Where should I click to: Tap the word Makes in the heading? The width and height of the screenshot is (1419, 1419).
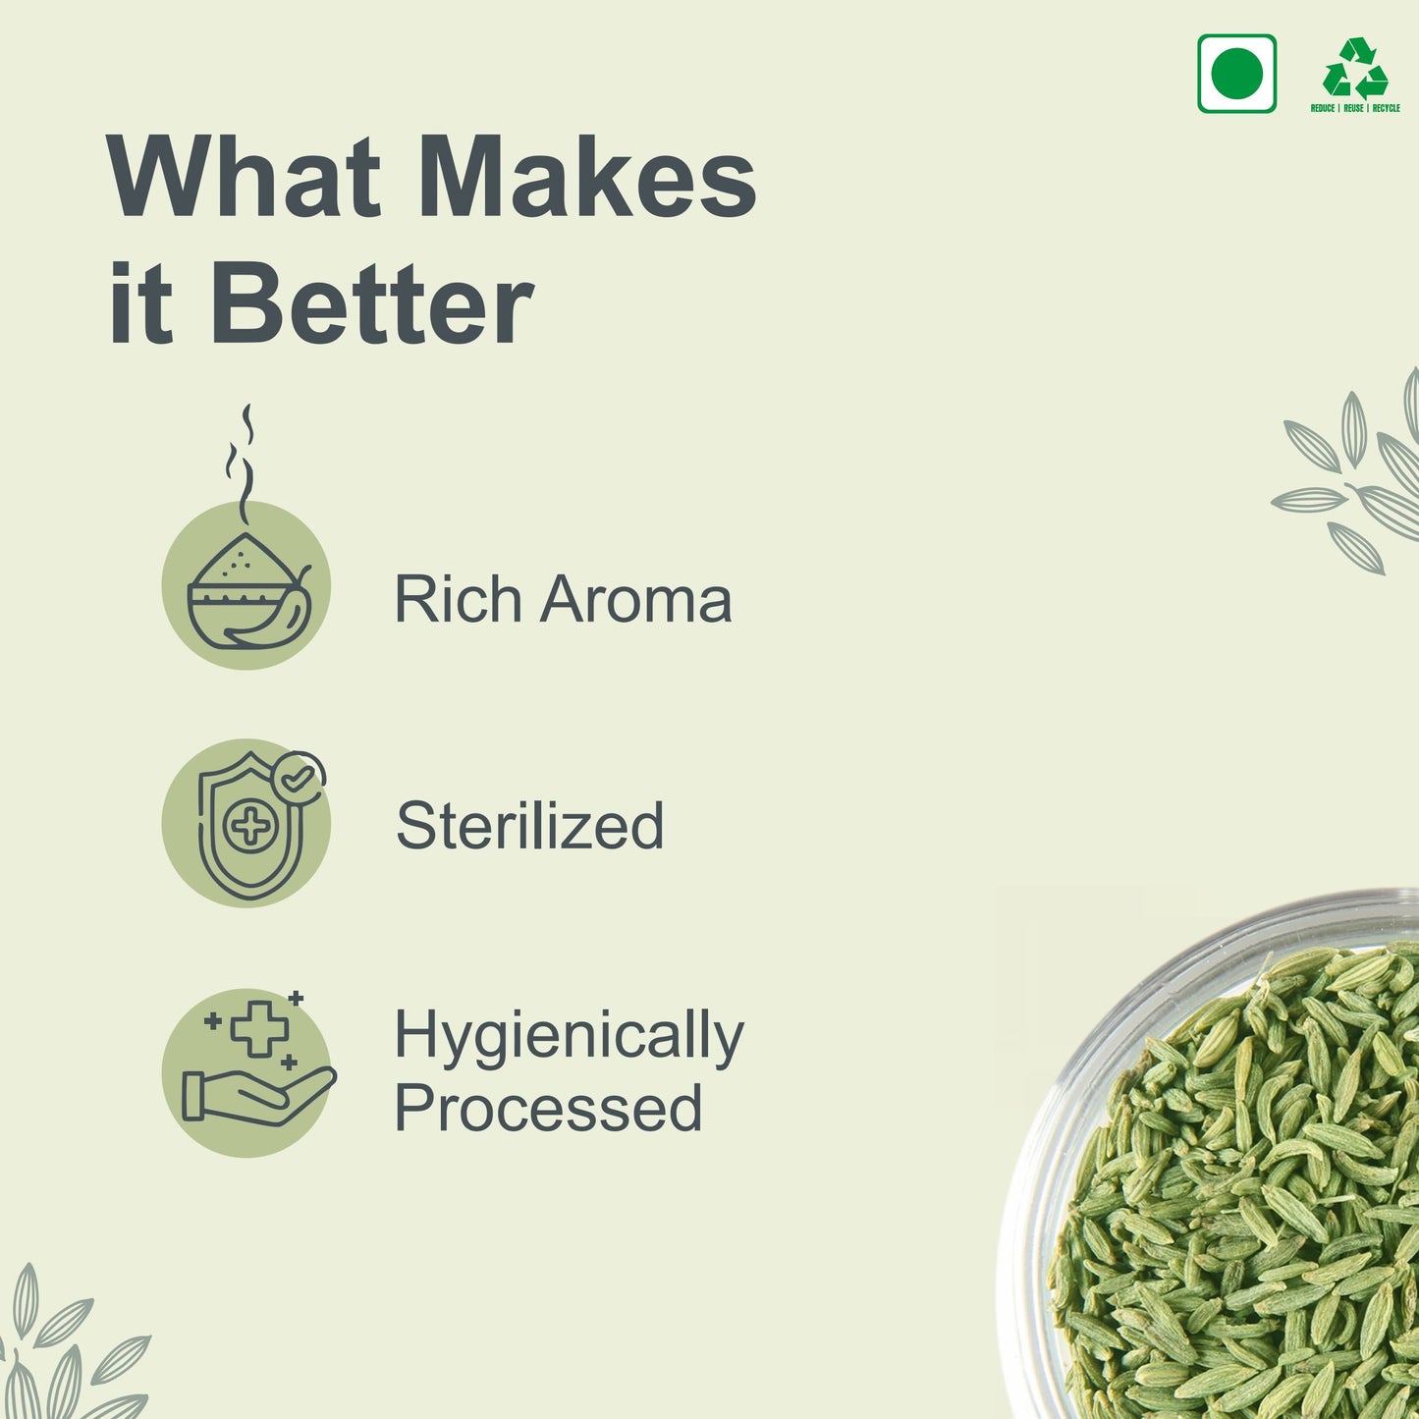point(588,177)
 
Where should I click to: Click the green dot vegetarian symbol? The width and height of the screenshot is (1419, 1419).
point(1236,74)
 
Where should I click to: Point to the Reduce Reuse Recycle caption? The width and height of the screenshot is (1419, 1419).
point(1355,108)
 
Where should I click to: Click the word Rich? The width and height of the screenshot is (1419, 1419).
point(459,599)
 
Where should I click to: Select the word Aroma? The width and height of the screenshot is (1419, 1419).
point(635,600)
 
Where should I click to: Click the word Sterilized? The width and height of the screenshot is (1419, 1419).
point(529,825)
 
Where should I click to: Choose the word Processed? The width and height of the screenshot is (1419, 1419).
point(549,1108)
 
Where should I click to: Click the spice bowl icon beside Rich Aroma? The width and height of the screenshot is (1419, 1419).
point(248,593)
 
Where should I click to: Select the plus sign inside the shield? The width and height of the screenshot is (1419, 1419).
point(251,826)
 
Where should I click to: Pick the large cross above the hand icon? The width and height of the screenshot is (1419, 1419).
point(259,1029)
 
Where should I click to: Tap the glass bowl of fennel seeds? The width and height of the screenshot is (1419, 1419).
point(1215,1156)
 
